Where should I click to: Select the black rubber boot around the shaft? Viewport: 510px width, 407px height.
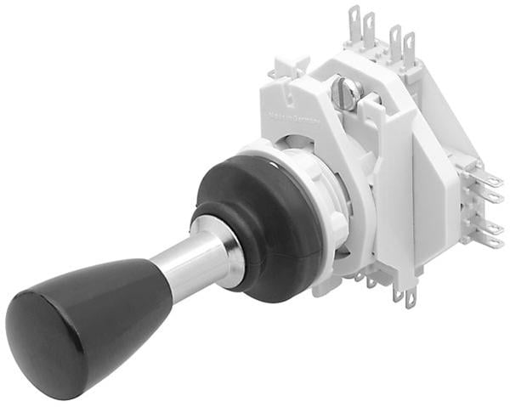[255, 221]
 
